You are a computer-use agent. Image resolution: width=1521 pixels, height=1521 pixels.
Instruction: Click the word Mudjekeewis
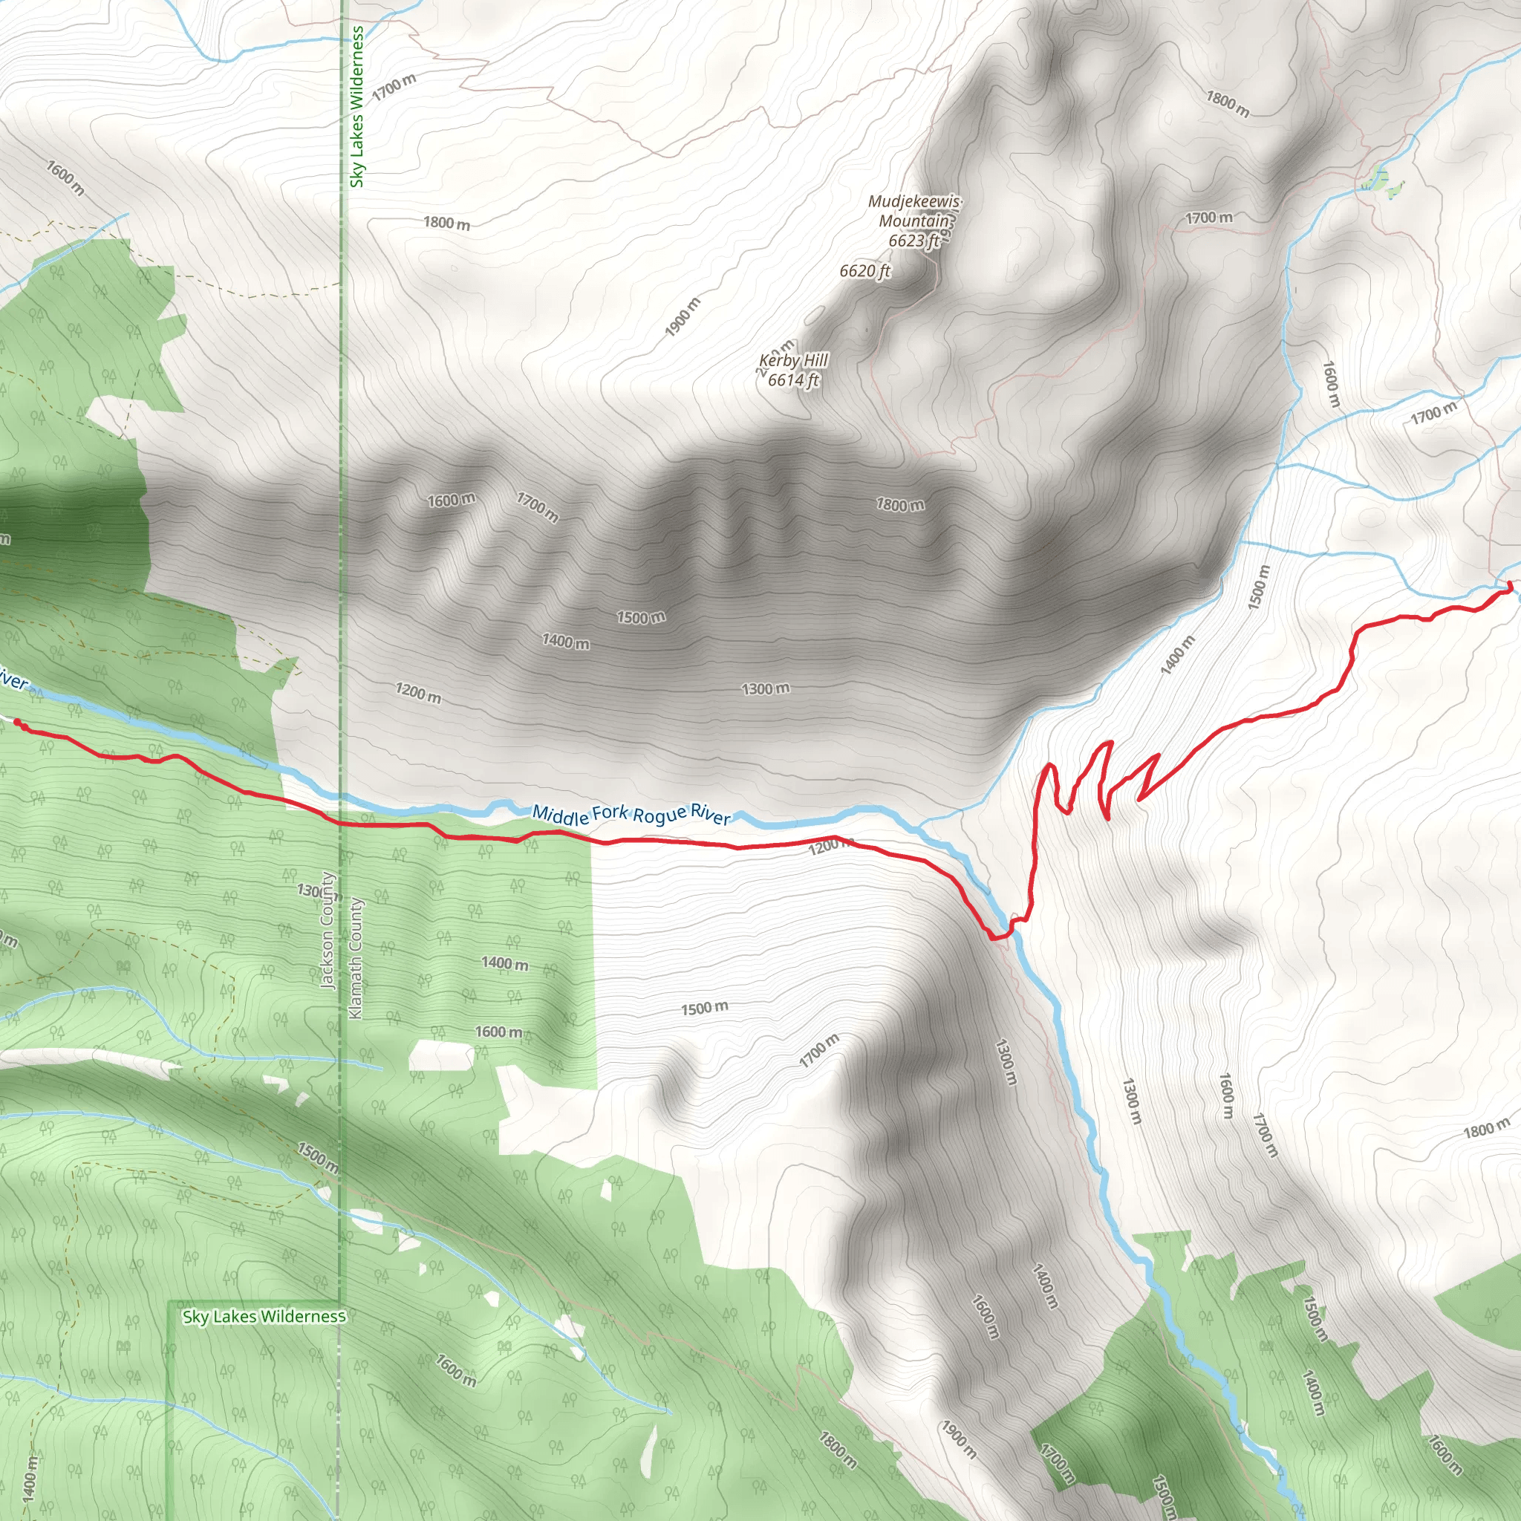(x=914, y=201)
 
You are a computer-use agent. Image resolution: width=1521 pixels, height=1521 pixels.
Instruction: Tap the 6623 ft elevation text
(x=914, y=240)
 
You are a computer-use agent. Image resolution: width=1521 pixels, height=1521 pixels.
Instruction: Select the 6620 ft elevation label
(x=864, y=271)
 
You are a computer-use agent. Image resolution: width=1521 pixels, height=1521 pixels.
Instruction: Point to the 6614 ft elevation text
(x=792, y=380)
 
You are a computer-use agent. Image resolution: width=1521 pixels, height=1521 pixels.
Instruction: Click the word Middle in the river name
(x=560, y=814)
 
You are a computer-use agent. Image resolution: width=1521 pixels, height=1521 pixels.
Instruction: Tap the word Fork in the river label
(x=611, y=812)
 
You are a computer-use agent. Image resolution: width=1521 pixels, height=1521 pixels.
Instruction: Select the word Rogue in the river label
(x=659, y=815)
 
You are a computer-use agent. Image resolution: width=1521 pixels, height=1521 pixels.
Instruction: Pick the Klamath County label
(x=356, y=958)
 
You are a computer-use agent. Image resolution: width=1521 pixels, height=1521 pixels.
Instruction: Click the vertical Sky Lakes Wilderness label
(x=357, y=106)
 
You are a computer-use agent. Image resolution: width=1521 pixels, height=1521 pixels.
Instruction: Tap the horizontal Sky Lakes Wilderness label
(x=264, y=1316)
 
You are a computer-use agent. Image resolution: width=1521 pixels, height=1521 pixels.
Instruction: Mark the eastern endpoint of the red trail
(x=1509, y=587)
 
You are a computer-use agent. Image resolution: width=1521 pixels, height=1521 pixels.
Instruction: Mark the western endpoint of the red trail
(x=16, y=721)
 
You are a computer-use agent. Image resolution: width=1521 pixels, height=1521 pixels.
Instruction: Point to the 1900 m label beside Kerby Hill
(x=682, y=316)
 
